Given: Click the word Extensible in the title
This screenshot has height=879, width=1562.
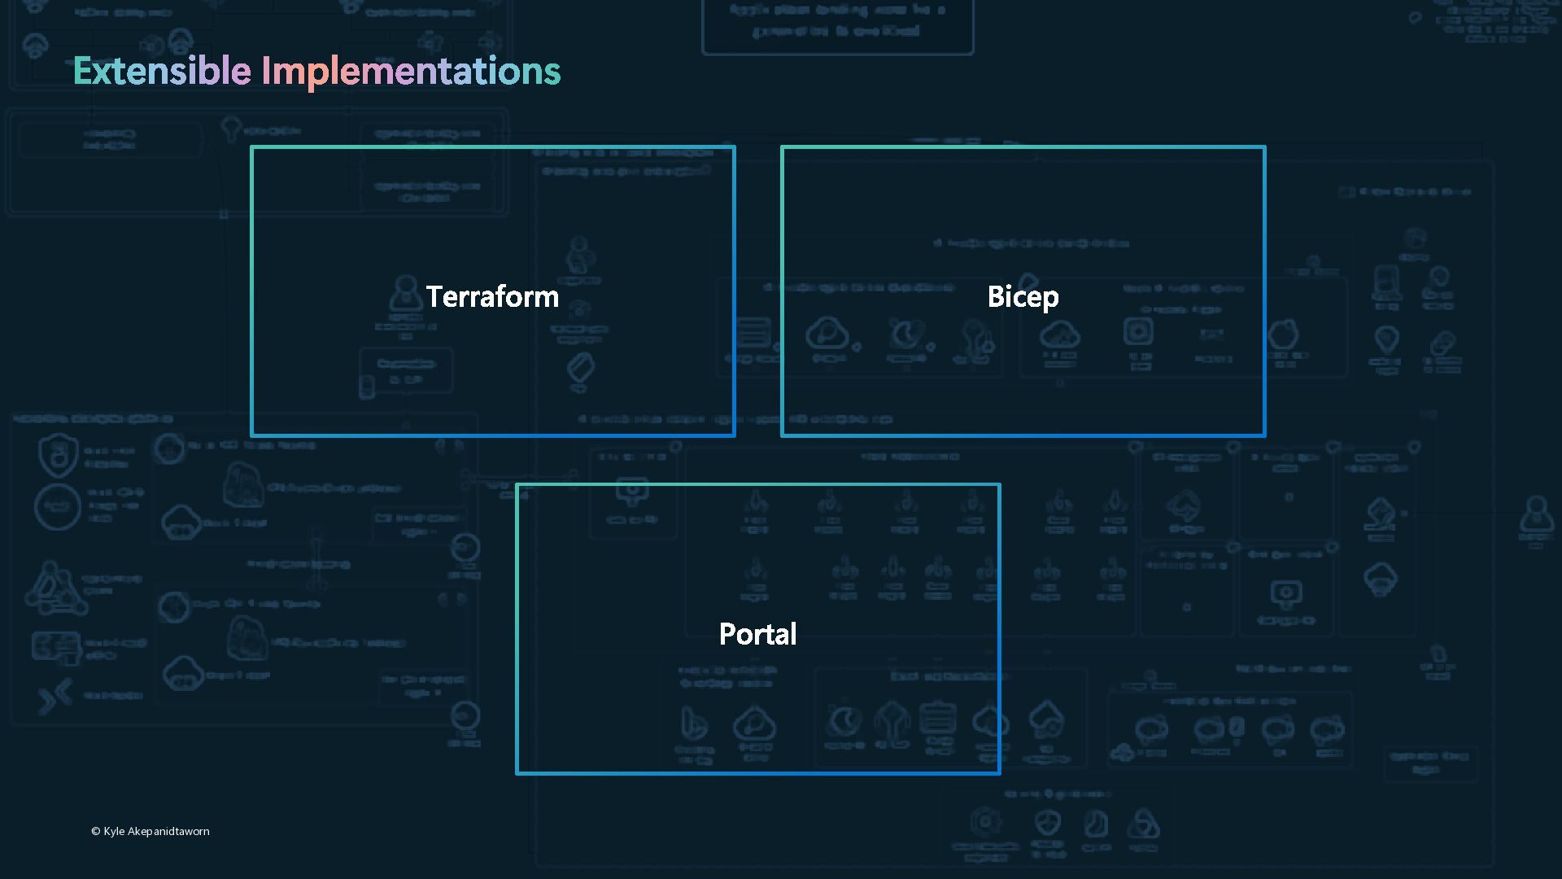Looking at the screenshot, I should click(161, 71).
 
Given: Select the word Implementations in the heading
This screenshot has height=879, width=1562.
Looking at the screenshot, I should click(411, 72).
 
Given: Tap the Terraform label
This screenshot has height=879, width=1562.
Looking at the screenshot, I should click(492, 296).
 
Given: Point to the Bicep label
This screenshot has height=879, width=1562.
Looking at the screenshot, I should click(1023, 296).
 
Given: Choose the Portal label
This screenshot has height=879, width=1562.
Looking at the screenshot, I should click(757, 633).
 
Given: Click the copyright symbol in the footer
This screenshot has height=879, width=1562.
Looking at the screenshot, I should click(95, 831).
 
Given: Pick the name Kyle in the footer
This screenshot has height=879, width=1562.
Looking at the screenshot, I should click(114, 831).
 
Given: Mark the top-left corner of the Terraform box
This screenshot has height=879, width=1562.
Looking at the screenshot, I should click(252, 148).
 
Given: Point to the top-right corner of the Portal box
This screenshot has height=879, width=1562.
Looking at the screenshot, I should click(998, 486).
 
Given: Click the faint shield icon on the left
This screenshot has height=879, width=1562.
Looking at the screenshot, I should click(58, 455).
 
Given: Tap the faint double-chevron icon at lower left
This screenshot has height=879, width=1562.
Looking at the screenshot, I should click(55, 696).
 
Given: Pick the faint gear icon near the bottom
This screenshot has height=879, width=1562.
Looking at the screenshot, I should click(985, 822).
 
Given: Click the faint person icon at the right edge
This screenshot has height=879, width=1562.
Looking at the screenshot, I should click(1536, 516).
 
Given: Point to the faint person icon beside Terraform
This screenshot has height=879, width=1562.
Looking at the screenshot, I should click(404, 293).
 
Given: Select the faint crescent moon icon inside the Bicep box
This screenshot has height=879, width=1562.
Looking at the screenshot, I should click(906, 334).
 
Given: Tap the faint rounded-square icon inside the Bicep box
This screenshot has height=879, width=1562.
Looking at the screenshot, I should click(1138, 331).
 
